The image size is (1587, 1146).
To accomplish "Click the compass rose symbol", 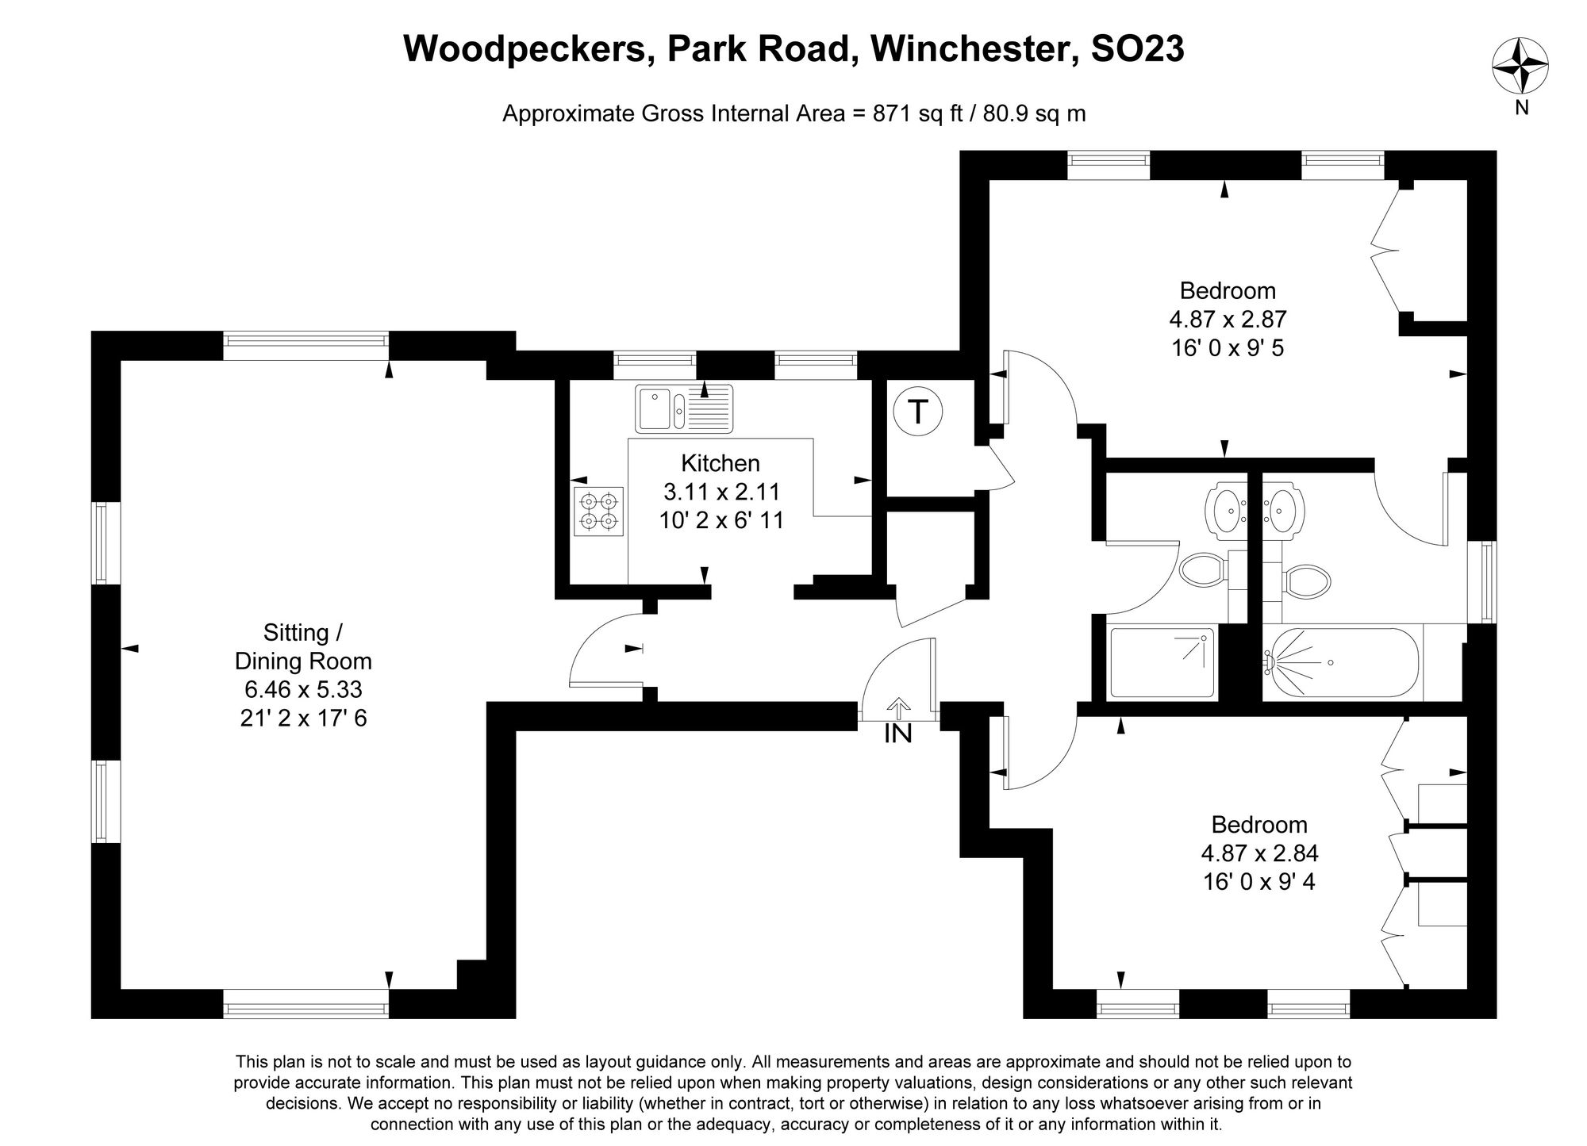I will point(1520,67).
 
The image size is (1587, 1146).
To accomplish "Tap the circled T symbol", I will point(917,412).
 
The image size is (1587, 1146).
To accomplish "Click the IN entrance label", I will point(897,734).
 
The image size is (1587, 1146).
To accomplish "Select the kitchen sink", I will point(685,408).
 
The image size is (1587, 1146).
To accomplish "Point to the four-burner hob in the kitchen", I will point(598,511).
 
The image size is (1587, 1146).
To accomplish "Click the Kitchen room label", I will point(720,463).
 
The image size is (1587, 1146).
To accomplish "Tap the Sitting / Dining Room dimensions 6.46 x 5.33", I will point(303,689).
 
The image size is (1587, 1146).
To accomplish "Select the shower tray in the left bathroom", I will point(1162,661).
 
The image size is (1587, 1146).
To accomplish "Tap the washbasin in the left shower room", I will point(1226,506).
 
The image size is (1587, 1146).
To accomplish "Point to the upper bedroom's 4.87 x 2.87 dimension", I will point(1227,319).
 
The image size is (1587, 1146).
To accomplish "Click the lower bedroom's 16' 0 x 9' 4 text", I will point(1259,882).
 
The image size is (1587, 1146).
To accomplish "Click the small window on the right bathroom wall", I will point(1481,583).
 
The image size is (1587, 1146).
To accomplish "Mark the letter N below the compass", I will point(1521,108).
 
